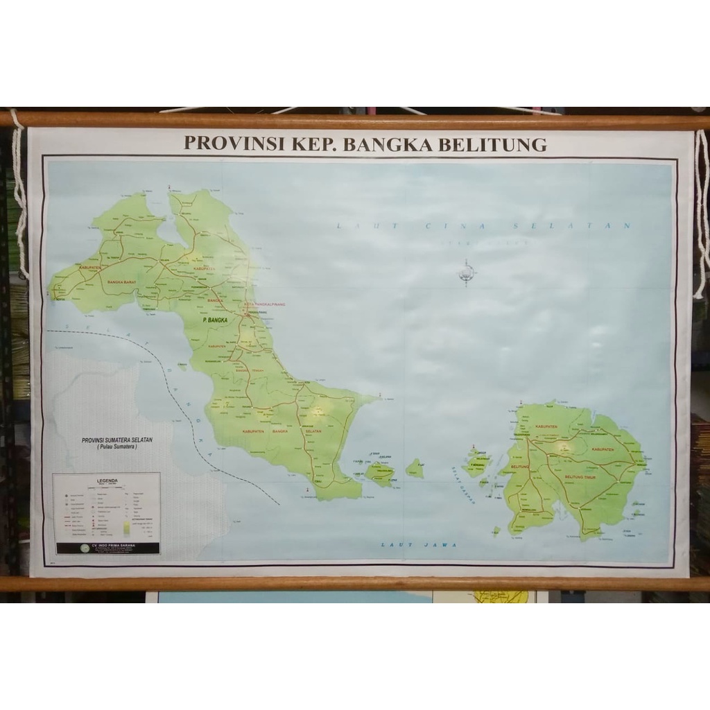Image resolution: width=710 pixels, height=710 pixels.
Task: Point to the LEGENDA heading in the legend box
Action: click(107, 480)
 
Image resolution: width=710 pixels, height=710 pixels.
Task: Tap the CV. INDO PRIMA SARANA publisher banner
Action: click(107, 546)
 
